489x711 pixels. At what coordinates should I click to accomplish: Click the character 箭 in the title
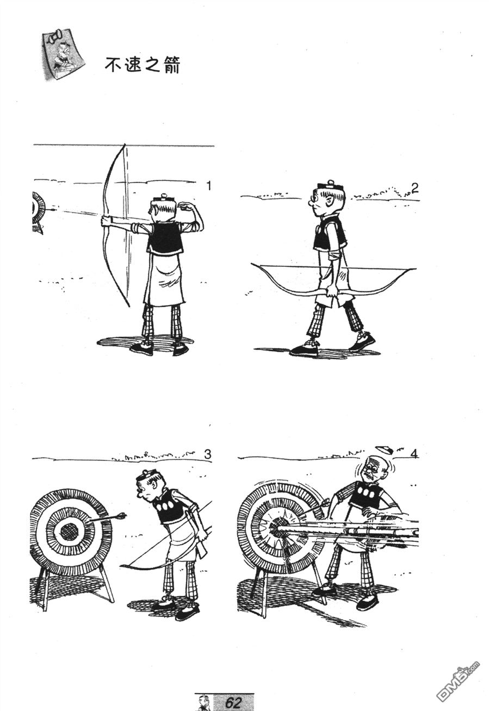(x=172, y=66)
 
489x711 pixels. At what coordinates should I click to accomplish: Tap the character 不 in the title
(x=113, y=65)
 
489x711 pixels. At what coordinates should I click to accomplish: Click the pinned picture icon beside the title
(x=63, y=55)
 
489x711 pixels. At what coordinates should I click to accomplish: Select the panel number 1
(x=209, y=186)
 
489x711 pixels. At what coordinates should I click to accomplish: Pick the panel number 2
(x=414, y=189)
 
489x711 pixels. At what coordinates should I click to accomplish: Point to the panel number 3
(x=207, y=455)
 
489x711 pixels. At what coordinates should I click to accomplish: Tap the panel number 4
(x=414, y=454)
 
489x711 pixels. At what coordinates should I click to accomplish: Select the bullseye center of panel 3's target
(x=71, y=531)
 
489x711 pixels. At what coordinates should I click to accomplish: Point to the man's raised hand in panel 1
(x=185, y=207)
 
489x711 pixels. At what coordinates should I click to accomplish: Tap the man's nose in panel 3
(x=139, y=494)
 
